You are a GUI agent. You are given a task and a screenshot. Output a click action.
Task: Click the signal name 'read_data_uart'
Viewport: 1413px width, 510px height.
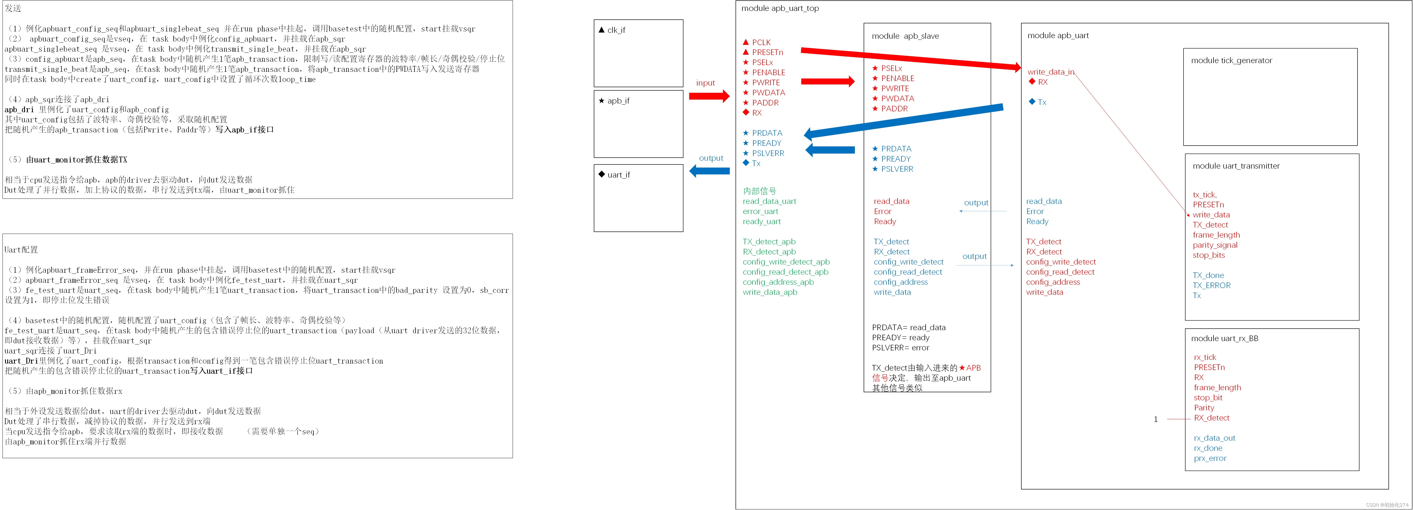tap(769, 201)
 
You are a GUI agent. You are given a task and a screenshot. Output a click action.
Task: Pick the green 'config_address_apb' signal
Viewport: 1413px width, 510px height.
tap(778, 282)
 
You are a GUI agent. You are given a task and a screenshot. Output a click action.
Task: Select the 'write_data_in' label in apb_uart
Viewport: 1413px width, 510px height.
tap(1050, 72)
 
